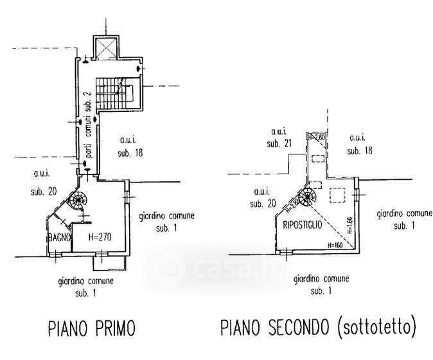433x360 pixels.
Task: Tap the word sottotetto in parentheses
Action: click(x=376, y=329)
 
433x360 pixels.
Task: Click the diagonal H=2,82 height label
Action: click(x=296, y=204)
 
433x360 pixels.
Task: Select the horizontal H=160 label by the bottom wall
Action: click(x=336, y=245)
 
